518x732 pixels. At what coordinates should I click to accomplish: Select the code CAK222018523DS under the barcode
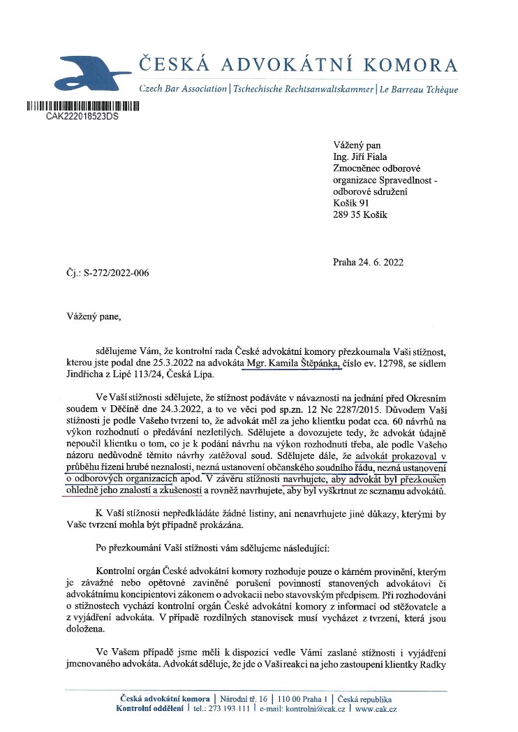(x=82, y=117)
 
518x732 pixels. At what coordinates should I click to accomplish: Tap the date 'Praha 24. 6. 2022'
(x=369, y=263)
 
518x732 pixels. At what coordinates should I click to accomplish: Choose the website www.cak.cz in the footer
(x=376, y=709)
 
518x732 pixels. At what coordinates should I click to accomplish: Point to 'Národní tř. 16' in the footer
(x=243, y=699)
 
